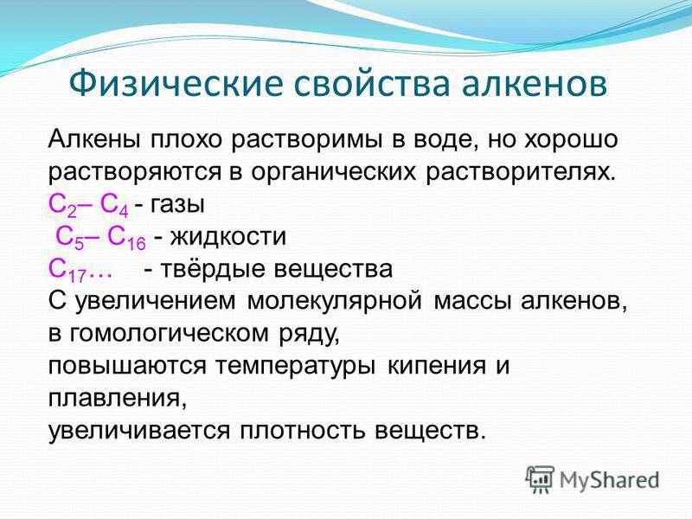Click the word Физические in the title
coord(176,83)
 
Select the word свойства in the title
coord(372,84)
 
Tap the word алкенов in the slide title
coord(535,84)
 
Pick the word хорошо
coord(571,139)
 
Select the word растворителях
coord(521,171)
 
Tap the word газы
coord(177,204)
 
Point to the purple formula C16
coord(126,239)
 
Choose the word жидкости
coord(228,237)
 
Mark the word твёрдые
coord(212,269)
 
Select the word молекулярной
coord(335,301)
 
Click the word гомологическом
coord(169,334)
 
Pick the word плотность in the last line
coord(302,431)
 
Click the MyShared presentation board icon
coord(540,479)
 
